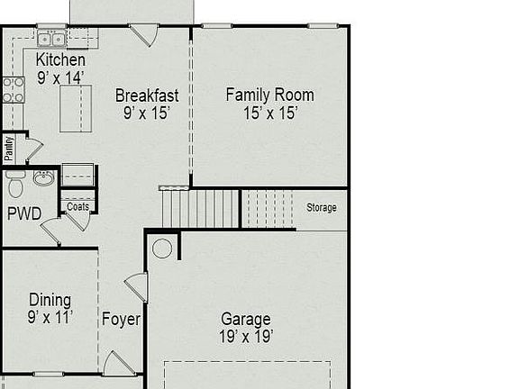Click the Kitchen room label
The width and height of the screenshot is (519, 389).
[x=60, y=60]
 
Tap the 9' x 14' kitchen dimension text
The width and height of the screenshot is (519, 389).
[x=60, y=77]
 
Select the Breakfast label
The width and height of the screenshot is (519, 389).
[x=147, y=95]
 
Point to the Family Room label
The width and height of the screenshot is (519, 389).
[x=269, y=95]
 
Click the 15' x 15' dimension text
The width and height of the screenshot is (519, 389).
[x=269, y=113]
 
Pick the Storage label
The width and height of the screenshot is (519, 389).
[x=321, y=208]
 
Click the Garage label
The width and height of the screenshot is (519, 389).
[x=246, y=320]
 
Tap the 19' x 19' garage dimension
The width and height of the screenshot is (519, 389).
[x=246, y=337]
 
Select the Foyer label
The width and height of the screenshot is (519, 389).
[x=120, y=319]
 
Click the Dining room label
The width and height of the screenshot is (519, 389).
[x=50, y=300]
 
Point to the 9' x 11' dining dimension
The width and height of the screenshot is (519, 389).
[x=50, y=317]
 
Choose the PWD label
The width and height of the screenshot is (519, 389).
[x=24, y=214]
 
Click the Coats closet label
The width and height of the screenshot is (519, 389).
[x=78, y=206]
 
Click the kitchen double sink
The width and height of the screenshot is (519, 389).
[x=52, y=39]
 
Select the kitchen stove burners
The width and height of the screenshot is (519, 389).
[x=14, y=88]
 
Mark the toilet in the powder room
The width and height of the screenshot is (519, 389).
[x=15, y=185]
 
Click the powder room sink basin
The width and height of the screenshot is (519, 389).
[x=42, y=178]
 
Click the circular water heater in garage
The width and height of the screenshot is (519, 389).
[x=161, y=249]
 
